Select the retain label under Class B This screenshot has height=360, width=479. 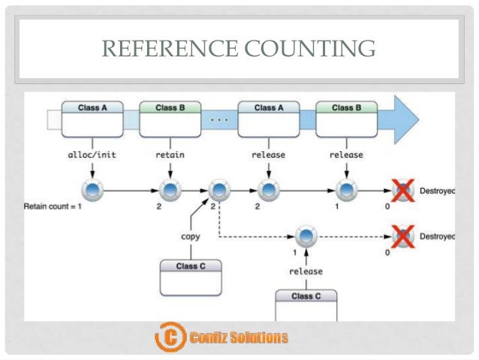[x=170, y=155]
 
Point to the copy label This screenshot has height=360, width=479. [x=190, y=236]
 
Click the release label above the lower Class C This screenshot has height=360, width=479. [x=306, y=271]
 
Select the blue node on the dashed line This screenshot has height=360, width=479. [x=306, y=237]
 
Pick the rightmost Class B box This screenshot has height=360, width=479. [x=345, y=118]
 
